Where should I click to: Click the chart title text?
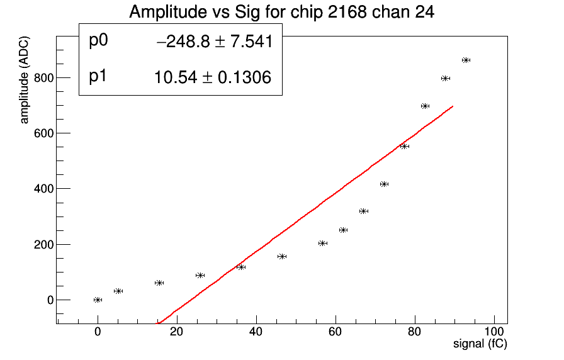coord(281,11)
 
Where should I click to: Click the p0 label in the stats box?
coord(99,40)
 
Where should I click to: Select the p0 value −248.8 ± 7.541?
coord(214,42)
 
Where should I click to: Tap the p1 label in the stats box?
coord(99,76)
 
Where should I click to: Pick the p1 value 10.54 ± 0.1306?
coord(212,78)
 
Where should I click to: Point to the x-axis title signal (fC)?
coord(480,344)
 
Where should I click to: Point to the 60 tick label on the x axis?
coord(335,331)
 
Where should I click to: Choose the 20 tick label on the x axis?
coord(177,331)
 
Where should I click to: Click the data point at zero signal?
coord(98,300)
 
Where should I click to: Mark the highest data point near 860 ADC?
coord(466,60)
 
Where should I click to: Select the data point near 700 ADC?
coord(425,106)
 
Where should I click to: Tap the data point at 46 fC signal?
coord(282,256)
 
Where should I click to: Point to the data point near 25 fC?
coord(200,275)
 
